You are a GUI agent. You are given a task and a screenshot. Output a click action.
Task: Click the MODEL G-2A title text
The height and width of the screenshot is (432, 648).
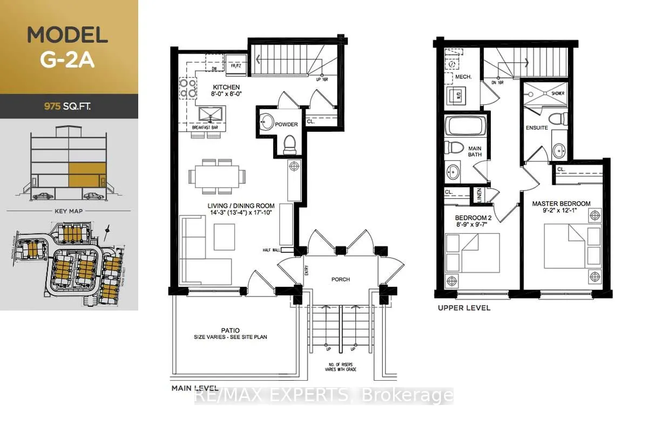[x=67, y=47]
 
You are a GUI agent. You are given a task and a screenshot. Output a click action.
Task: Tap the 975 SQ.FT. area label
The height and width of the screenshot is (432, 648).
[x=67, y=106]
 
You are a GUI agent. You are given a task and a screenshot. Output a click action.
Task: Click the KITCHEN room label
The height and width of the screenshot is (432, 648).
[x=226, y=87]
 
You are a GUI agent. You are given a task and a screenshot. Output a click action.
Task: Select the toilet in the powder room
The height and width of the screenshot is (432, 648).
[x=289, y=144]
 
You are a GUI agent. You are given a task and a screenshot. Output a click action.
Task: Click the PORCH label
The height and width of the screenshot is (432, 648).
[x=340, y=279]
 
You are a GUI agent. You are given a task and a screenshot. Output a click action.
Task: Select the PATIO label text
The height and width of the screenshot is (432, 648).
[x=231, y=330]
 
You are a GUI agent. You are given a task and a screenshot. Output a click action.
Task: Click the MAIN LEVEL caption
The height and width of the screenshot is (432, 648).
[x=195, y=388]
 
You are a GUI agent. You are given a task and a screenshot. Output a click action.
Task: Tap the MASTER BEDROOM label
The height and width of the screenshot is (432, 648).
[x=561, y=204]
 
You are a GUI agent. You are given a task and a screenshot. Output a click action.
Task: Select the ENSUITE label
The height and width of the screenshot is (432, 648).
[x=537, y=128]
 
